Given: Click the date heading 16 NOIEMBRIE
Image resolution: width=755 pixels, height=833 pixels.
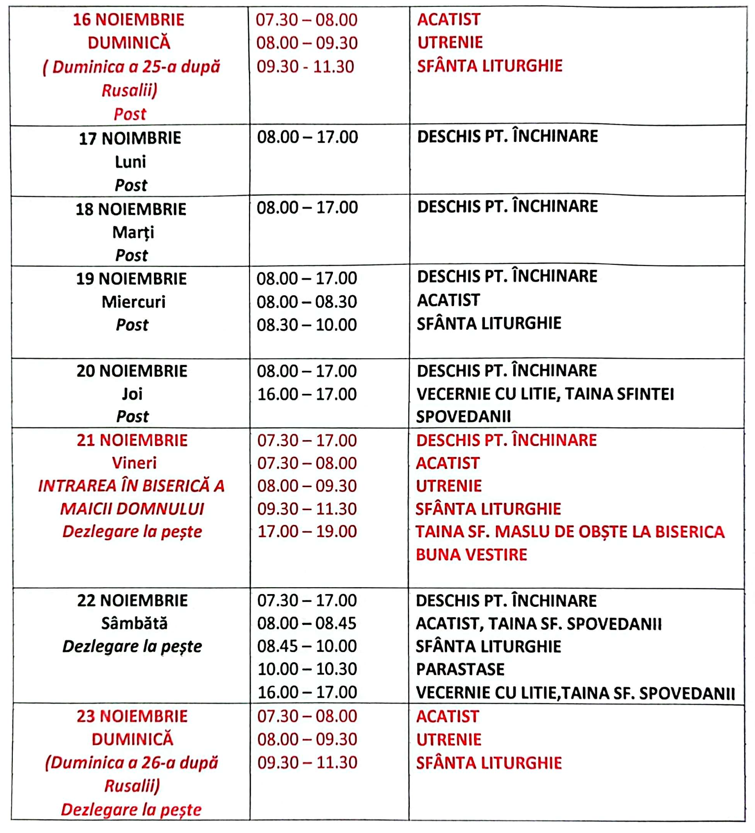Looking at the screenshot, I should pos(128,20).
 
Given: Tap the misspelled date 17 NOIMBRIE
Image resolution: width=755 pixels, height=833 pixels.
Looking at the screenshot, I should pos(130,139).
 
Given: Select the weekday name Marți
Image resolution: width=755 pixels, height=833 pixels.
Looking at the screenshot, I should pos(133,232).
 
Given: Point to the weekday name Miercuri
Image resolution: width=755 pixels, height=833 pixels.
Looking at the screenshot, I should pos(133,302).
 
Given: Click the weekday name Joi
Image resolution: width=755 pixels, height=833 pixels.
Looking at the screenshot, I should pos(132,393).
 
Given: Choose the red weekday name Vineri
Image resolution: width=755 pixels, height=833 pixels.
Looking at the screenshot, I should pos(134,463).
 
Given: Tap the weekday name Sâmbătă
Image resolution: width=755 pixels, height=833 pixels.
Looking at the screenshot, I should pos(134,624).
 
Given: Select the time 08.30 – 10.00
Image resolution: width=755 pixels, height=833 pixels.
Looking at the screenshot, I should pos(307,325).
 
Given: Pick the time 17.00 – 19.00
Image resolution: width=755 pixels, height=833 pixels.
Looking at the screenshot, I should pos(307,531).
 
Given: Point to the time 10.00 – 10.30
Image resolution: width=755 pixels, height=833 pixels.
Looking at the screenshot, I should pos(307,669).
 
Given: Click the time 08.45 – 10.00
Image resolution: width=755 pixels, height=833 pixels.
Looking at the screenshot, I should pos(307,646).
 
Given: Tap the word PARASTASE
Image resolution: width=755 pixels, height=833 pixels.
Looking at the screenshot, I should pos(460,670).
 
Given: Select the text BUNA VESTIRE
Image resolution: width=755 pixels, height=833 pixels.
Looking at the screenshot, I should pos(471,555).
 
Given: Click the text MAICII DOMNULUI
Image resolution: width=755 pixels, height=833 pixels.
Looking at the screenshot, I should pos(132,509).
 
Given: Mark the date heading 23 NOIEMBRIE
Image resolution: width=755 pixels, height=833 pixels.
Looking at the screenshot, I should pos(132,717).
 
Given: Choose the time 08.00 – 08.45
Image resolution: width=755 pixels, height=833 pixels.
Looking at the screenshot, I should pos(307,624).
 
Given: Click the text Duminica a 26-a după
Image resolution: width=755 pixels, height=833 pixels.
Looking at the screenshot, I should pos(132,763).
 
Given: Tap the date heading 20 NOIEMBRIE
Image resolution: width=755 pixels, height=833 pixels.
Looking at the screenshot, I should pos(132,371).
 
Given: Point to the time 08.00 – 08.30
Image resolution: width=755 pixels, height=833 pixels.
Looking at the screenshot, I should pos(307,302).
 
